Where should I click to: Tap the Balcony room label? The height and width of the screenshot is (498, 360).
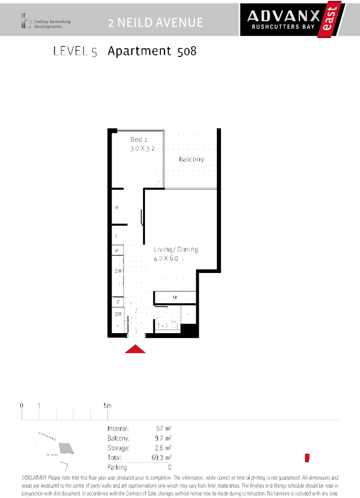[192, 159]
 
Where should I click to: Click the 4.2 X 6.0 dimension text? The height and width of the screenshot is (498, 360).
[166, 258]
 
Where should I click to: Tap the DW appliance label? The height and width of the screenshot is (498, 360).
[118, 270]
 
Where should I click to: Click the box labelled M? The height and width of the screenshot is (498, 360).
[175, 297]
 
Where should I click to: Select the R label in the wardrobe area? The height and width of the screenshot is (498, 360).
[117, 207]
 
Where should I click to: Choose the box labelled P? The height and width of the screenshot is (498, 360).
[117, 251]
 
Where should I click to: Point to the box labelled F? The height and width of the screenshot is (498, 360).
[118, 302]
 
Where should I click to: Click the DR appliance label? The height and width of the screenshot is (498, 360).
[118, 314]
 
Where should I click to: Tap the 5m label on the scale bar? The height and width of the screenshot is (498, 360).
[107, 405]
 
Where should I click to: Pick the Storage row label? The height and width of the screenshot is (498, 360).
[119, 448]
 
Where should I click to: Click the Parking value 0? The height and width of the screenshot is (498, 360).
[169, 467]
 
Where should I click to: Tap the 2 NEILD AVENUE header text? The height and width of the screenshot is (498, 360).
[155, 22]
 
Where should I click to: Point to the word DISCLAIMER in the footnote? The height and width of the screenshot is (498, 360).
[34, 478]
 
